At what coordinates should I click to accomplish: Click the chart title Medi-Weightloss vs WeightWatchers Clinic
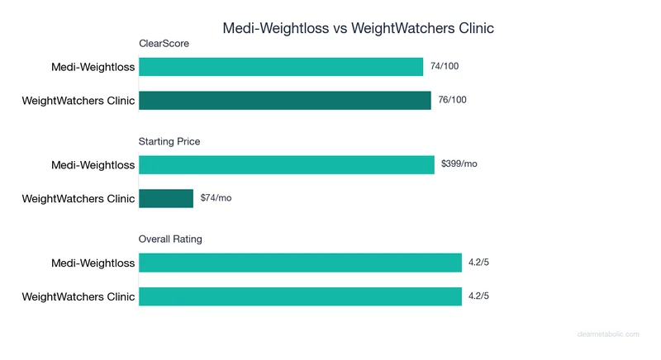coord(358,28)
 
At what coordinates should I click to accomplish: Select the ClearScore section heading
coord(164,44)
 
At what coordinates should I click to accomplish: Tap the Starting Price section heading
coord(169,141)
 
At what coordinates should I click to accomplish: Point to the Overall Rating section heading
coord(169,239)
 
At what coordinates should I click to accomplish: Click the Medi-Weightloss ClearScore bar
coord(281,67)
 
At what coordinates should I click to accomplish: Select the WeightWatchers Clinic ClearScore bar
coord(285,101)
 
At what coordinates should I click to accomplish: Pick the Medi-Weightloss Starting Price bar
coord(287,164)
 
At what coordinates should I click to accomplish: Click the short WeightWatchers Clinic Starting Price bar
coord(166,198)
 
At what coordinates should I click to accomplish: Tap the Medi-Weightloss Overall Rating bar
coord(300,263)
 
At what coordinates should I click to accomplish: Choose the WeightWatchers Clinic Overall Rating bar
coord(300,296)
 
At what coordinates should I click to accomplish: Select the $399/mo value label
coord(459,164)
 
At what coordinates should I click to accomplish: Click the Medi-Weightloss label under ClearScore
coord(93,68)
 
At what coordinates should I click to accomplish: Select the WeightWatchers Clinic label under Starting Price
coord(78,199)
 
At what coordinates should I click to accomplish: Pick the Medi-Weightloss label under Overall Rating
coord(93,263)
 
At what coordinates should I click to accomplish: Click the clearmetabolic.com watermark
coord(608,334)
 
